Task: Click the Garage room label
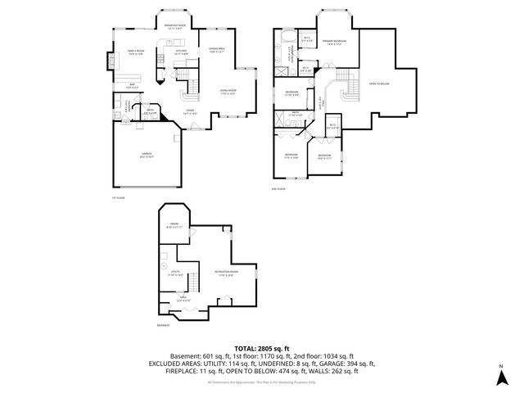point(147,154)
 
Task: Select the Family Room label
point(136,53)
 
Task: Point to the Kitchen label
point(182,53)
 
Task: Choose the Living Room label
point(228,93)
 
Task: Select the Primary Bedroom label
point(333,41)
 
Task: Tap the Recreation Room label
point(226,273)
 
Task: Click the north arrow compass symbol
point(500,377)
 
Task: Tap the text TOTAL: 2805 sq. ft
point(262,349)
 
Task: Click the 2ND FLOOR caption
point(279,189)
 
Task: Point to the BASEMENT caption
point(163,326)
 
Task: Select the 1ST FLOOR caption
point(118,197)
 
